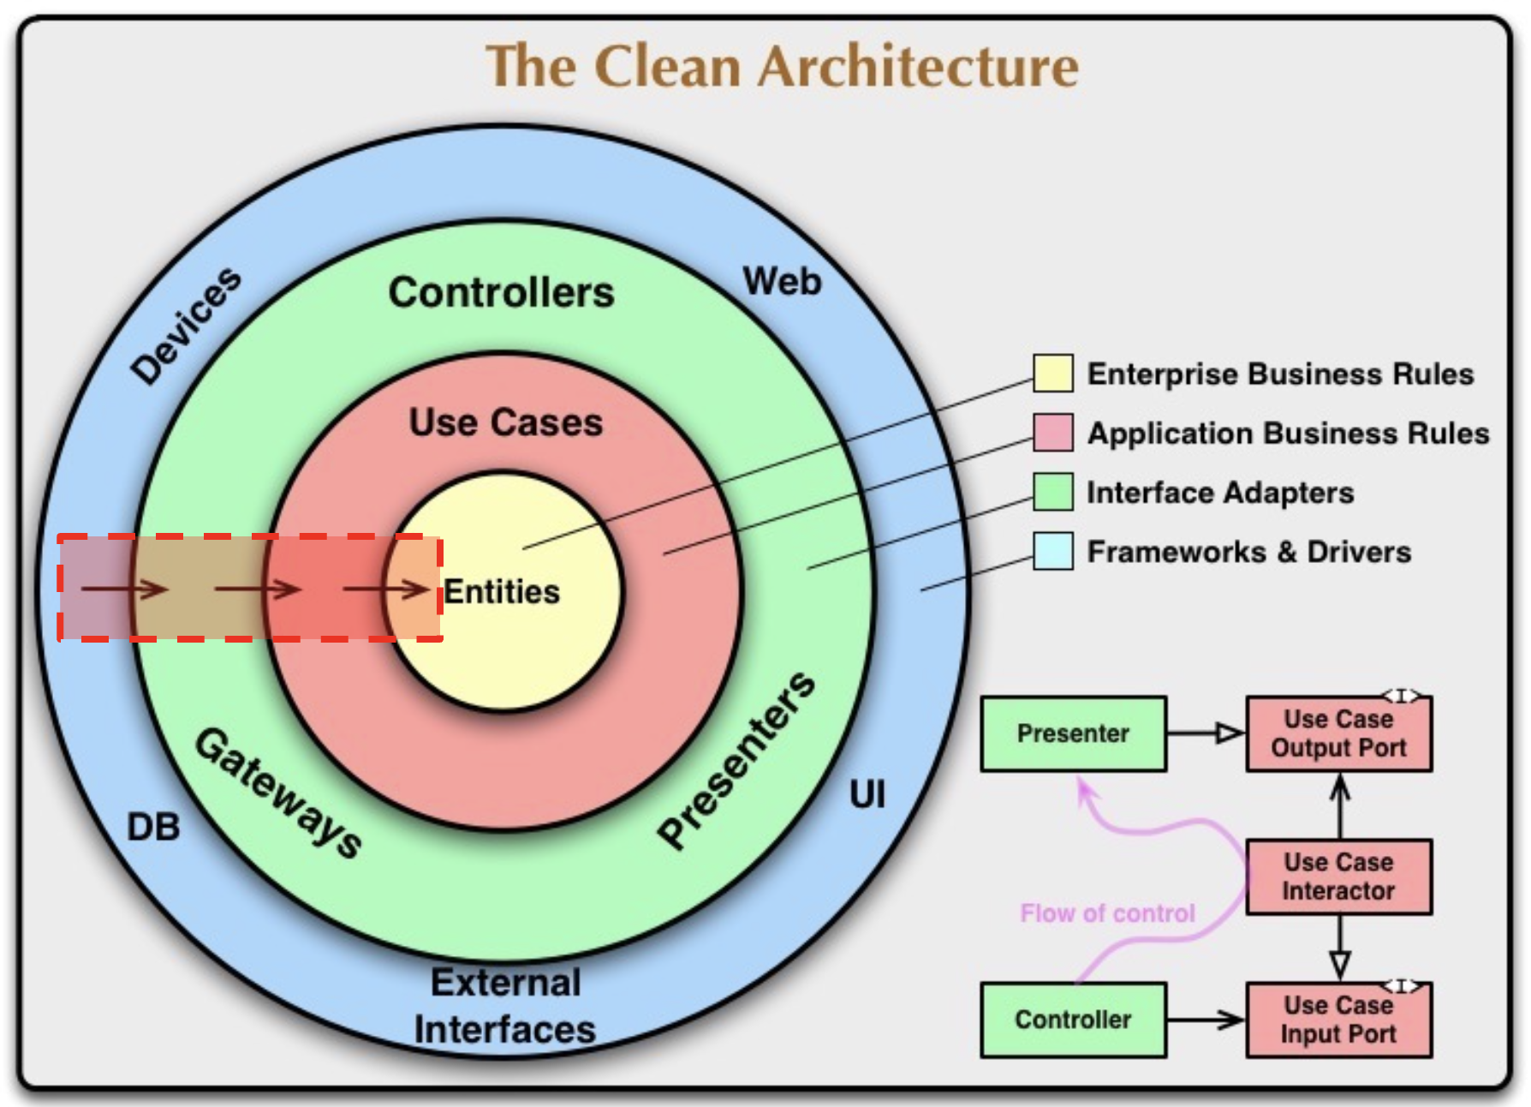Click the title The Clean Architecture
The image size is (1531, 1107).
tap(782, 67)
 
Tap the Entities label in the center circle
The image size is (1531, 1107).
tap(502, 592)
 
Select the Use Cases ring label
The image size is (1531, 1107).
tap(506, 422)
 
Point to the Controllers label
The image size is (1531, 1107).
tap(502, 292)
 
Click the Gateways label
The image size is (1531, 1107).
tap(279, 793)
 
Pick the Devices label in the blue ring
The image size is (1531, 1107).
tap(187, 325)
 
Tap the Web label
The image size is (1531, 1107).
tap(782, 281)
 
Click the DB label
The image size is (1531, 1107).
tap(153, 828)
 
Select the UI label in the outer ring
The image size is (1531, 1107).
tap(867, 795)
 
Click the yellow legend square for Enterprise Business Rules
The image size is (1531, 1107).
tap(1052, 373)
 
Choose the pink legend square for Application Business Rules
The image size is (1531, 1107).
tap(1052, 433)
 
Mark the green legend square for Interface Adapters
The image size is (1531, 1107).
tap(1052, 492)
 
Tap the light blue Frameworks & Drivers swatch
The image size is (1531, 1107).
tap(1052, 551)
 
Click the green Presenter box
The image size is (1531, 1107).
tap(1073, 733)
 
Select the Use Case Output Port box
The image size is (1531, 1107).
tap(1338, 733)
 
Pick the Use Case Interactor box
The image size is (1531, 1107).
tap(1338, 877)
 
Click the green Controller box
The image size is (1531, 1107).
tap(1073, 1020)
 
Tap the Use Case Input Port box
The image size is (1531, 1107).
tap(1338, 1020)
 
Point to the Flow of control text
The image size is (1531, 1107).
tap(1107, 913)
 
